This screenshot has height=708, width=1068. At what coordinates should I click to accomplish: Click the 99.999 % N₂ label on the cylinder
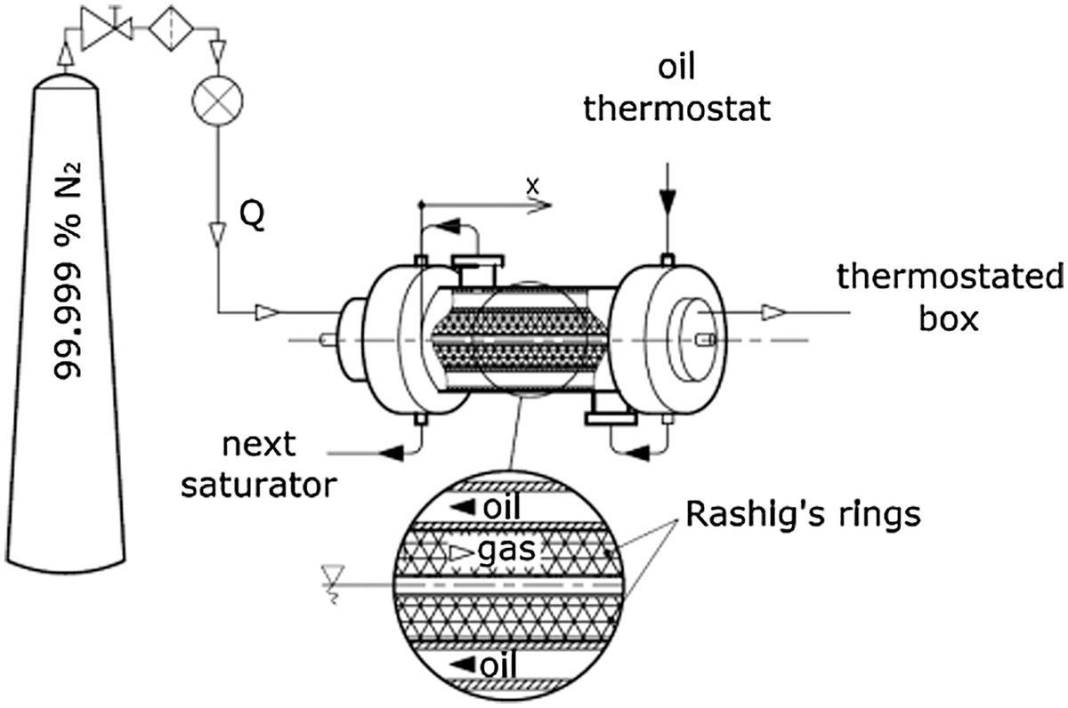coord(67,270)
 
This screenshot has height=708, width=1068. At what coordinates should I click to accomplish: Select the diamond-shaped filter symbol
coord(171,28)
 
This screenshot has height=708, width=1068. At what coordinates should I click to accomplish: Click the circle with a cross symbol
coord(217,101)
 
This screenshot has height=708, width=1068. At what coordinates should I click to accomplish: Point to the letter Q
coord(252,216)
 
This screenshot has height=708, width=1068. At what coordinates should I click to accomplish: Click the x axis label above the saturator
coord(532,187)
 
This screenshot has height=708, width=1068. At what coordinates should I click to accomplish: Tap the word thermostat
coord(677,109)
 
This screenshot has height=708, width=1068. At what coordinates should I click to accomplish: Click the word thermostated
coord(951,277)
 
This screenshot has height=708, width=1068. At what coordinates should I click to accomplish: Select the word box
coord(949,318)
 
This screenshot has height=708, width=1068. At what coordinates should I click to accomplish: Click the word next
coord(259,445)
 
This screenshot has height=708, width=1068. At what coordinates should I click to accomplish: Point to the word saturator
coord(259,486)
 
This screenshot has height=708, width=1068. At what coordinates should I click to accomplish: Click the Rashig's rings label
coord(804,516)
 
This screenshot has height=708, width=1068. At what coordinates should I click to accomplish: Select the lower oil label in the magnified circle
coord(498,664)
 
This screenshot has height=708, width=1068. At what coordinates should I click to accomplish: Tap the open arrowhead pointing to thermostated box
coord(773,312)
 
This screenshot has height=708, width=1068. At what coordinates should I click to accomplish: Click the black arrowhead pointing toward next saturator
coord(392,454)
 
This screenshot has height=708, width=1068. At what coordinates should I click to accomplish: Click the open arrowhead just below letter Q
coord(218,235)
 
